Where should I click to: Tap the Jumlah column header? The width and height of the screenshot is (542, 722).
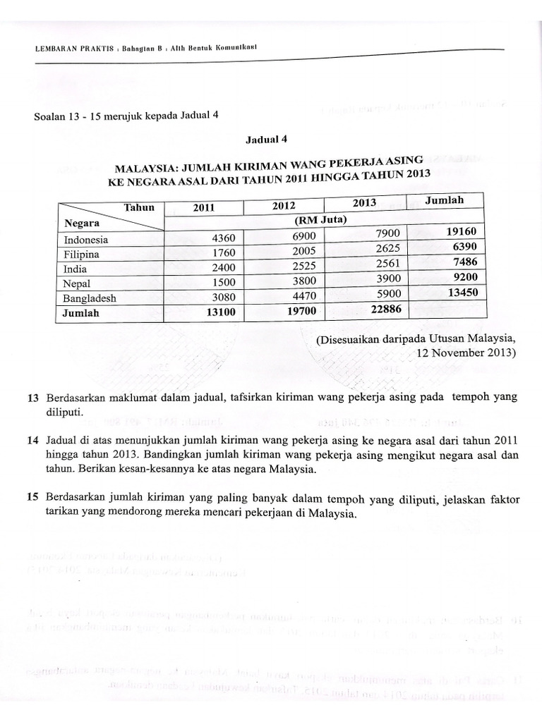[445, 200]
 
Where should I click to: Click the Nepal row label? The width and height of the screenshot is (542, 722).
[78, 283]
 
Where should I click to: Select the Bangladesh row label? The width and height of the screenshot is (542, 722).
[90, 298]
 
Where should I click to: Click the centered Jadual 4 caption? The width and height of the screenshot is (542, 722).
[265, 141]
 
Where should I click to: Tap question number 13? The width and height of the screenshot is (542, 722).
[31, 398]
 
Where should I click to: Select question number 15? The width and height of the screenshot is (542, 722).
[31, 498]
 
